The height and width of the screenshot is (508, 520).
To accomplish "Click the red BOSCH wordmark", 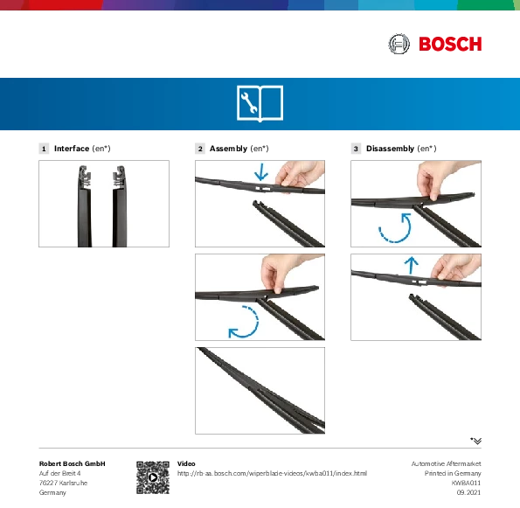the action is coord(450,44).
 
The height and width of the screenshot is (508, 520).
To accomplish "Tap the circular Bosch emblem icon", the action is coord(399,44).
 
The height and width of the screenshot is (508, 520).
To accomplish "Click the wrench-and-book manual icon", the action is coord(260,103).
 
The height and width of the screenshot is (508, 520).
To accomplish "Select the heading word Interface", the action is coord(72,149).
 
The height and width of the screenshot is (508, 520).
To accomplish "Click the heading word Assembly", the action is coord(228,149).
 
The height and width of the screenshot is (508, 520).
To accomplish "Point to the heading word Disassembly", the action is coord(390,149).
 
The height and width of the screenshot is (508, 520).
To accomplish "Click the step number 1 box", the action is coord(44,149).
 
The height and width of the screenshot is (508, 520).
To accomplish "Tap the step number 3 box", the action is coord(356,149).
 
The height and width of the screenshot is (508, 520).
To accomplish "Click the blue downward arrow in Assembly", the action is coord(261,172).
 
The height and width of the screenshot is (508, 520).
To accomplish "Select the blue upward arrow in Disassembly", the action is coord(412,265).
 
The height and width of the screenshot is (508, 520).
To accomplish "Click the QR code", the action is coord(153,477).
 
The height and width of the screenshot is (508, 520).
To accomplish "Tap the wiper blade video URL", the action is coord(272,474).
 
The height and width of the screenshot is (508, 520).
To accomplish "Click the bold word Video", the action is coord(186,463).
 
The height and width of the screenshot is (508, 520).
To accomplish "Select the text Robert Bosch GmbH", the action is coord(72,463).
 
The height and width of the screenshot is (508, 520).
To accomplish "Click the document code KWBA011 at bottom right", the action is coord(466,483).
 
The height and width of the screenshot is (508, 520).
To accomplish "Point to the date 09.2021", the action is coord(468,492).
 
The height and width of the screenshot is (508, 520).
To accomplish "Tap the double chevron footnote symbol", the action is coord(476,441).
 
